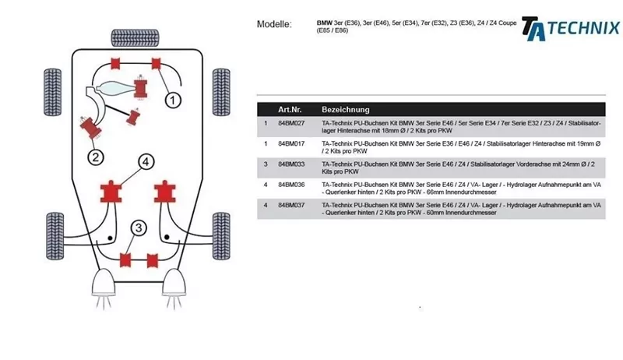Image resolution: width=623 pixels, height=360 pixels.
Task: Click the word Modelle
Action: coord(274,24)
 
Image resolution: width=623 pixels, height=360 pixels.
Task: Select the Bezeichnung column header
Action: coord(345,110)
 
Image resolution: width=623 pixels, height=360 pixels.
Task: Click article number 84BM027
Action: coord(291,124)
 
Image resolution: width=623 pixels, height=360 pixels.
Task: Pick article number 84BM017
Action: coord(291,144)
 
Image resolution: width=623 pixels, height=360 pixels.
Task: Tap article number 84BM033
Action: coord(291,164)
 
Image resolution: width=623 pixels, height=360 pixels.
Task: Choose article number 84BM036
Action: coord(291,185)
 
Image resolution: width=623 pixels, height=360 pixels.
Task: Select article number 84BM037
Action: coord(291,205)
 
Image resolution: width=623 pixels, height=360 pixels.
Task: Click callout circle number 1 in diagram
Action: coord(172,99)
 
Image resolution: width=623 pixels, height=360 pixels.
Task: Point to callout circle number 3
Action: coord(138,228)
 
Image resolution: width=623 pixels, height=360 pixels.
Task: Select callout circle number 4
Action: coord(145,161)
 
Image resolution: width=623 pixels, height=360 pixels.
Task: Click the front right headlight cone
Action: coord(174,281)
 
